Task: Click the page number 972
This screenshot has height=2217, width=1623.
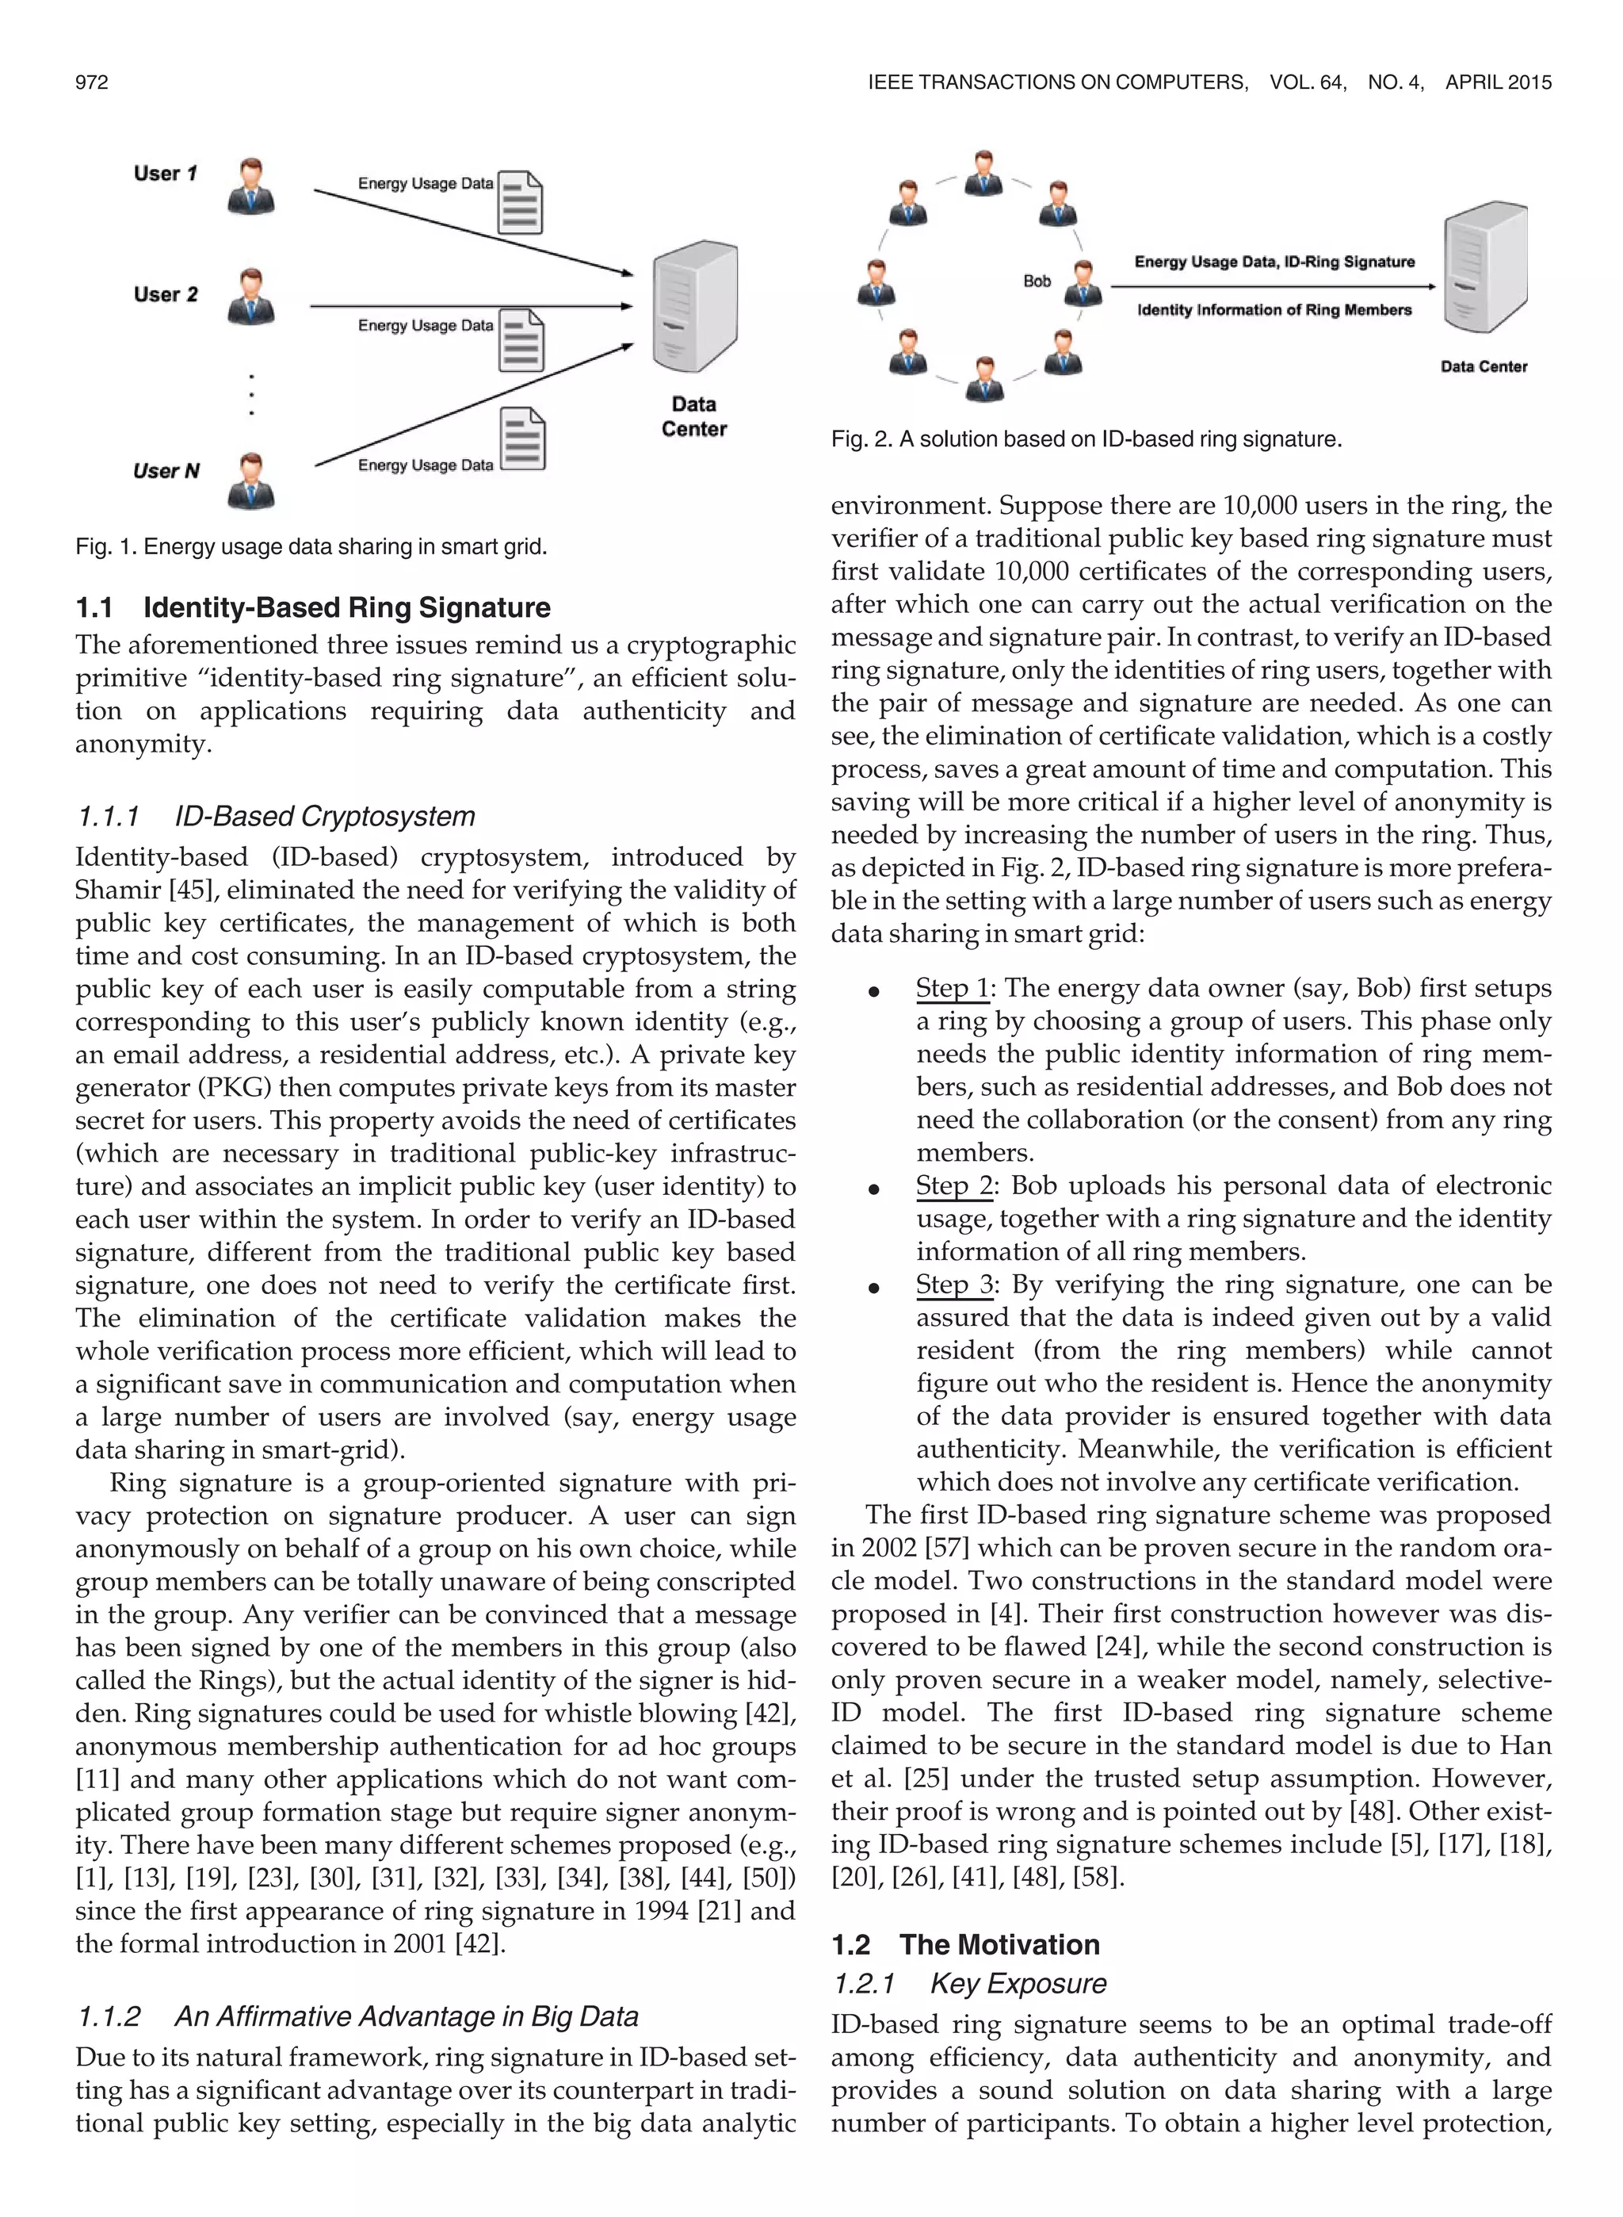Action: (x=91, y=82)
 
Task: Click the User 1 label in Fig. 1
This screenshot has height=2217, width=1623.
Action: (x=165, y=174)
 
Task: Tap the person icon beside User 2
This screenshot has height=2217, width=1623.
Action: (x=250, y=296)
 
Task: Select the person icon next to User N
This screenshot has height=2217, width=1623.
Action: (x=250, y=480)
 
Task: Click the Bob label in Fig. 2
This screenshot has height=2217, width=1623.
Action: (x=1037, y=281)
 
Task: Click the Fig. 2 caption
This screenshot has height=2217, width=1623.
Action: (x=1086, y=439)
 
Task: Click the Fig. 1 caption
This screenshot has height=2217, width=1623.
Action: (x=311, y=546)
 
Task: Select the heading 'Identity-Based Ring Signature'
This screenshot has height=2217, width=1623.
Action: (x=347, y=607)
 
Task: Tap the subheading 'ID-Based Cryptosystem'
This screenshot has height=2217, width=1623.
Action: (x=324, y=817)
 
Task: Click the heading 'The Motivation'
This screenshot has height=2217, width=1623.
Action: (x=999, y=1945)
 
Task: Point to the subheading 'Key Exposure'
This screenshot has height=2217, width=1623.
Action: (x=1018, y=1983)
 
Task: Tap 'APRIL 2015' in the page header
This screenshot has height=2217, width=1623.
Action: (x=1499, y=82)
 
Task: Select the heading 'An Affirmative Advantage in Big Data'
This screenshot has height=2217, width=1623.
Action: (x=406, y=2016)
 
